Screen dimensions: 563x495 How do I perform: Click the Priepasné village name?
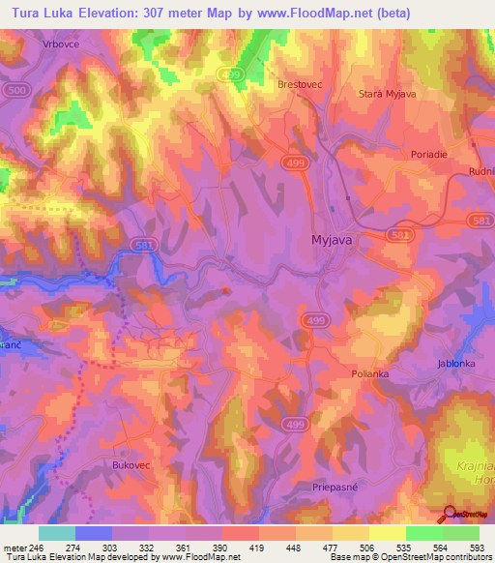[336, 489]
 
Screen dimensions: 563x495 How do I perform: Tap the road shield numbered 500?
[15, 89]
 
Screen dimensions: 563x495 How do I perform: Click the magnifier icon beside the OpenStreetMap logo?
[451, 513]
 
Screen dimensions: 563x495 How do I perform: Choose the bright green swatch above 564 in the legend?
[423, 533]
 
